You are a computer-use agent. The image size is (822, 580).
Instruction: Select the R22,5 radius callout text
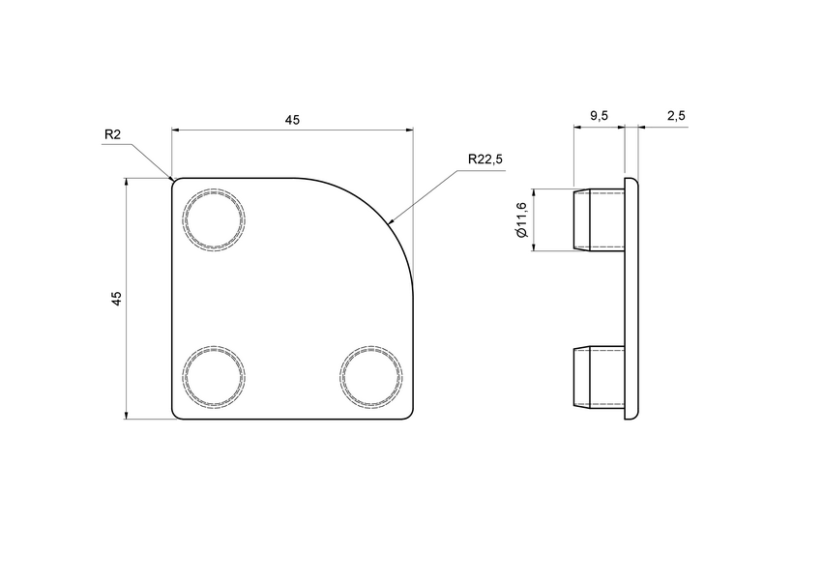coord(484,159)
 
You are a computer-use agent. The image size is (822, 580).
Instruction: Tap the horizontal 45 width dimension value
coord(292,120)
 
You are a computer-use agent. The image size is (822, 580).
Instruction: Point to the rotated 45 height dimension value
coord(117,299)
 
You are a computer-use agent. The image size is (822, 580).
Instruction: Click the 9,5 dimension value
coord(599,116)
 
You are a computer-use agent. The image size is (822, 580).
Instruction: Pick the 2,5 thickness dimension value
coord(676,116)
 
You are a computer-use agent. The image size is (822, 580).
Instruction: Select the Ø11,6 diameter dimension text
coord(521,219)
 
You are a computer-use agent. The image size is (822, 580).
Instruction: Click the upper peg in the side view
coord(600,220)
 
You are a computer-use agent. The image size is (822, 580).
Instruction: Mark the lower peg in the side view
coord(600,376)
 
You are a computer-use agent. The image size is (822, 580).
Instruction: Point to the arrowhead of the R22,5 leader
coord(391,221)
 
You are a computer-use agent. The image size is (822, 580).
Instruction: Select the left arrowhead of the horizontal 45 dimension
coord(177,129)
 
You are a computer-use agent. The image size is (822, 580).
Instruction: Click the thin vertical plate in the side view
coord(632,299)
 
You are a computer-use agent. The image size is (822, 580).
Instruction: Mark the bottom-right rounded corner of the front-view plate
coord(410,416)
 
